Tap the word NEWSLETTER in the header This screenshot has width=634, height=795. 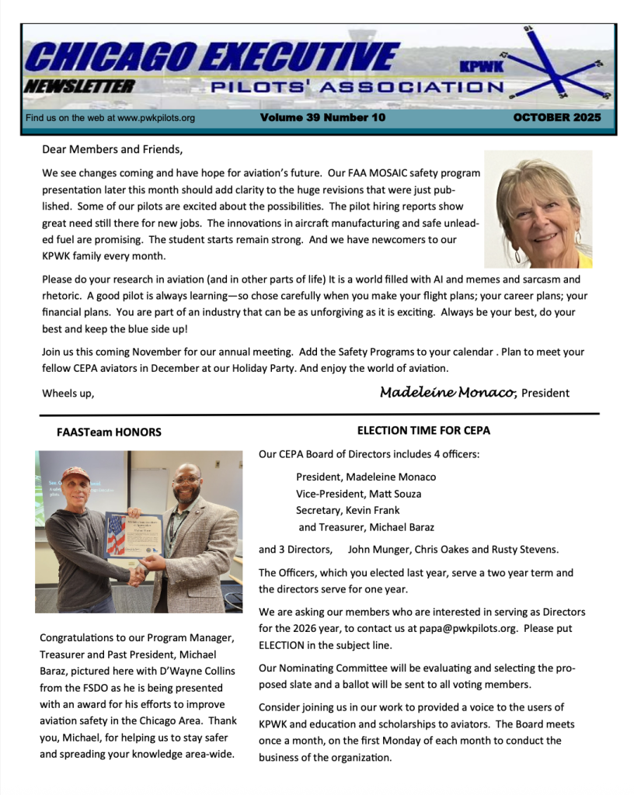tap(78, 86)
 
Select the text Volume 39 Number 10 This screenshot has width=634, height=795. tap(322, 118)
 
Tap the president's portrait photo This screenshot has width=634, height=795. tap(538, 209)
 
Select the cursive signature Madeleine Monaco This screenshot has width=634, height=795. tap(448, 392)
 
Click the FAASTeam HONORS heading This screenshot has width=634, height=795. tap(109, 432)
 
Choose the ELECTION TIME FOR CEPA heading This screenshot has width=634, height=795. tap(423, 430)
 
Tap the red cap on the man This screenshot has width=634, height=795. tap(75, 473)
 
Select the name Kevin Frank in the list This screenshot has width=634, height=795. tap(374, 510)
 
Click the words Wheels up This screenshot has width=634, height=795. tap(68, 393)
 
